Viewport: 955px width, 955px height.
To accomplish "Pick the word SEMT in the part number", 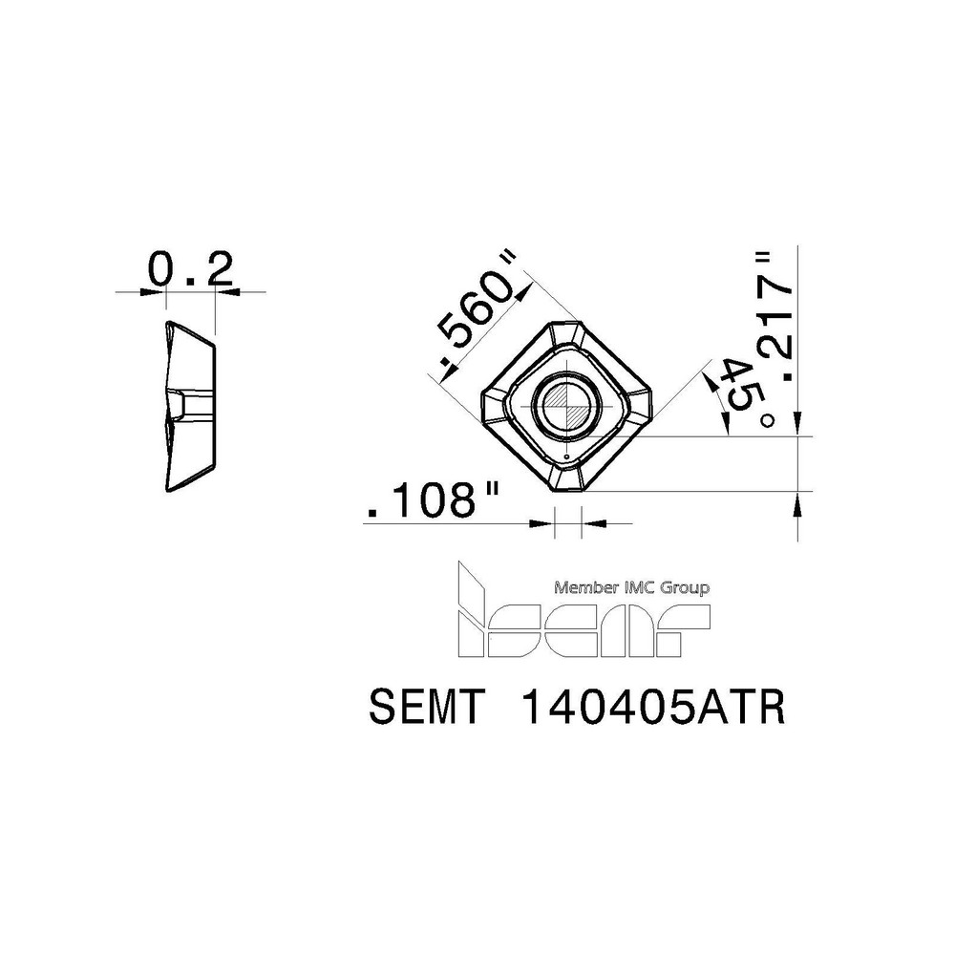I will pyautogui.click(x=427, y=710).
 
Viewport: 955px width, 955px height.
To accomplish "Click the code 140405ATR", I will pyautogui.click(x=653, y=710).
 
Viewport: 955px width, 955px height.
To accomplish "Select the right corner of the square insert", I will pyautogui.click(x=647, y=402).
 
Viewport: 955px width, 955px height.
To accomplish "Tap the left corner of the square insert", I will pyautogui.click(x=488, y=405).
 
